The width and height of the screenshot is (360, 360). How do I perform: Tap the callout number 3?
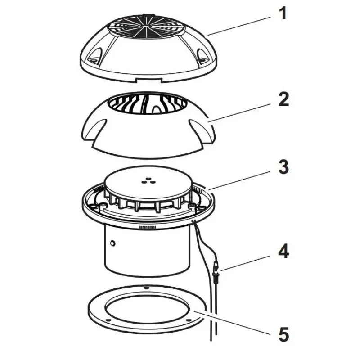(x=284, y=166)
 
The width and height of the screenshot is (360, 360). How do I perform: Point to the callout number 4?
(x=284, y=252)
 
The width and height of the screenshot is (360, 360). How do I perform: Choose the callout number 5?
(x=284, y=334)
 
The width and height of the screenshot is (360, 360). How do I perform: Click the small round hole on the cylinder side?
(x=112, y=243)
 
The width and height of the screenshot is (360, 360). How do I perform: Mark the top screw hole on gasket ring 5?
(x=145, y=288)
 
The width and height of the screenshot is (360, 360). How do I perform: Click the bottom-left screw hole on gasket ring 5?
(x=109, y=320)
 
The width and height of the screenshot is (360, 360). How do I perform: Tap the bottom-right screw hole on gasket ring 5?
(x=189, y=320)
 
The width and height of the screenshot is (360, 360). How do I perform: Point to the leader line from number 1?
(x=239, y=26)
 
